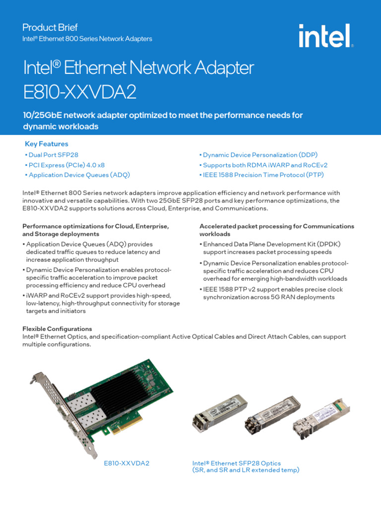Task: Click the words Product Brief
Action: tap(50, 27)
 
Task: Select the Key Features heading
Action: tap(47, 144)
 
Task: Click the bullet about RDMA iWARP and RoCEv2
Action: tap(263, 165)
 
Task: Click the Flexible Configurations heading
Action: tap(58, 328)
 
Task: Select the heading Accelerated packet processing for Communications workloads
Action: tap(277, 230)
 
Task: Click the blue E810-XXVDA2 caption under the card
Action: tap(127, 463)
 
